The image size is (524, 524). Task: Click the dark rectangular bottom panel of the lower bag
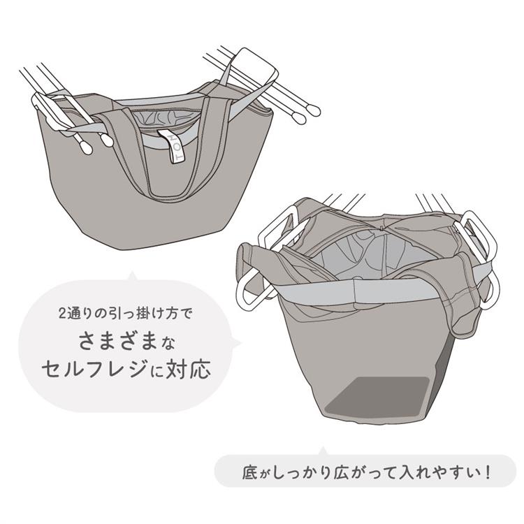tap(377, 398)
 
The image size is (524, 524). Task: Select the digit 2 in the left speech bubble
tap(62, 314)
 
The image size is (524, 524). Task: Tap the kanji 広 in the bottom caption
tap(342, 473)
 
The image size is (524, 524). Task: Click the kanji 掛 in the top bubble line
tap(143, 314)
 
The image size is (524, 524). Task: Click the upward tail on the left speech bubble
tap(132, 277)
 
